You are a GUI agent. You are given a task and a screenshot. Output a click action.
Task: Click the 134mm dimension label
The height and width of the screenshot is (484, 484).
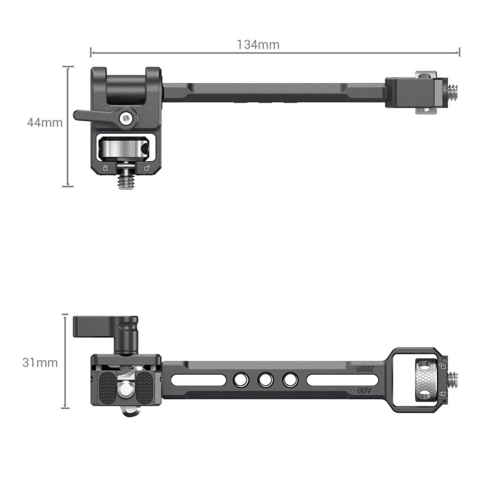pos(258,44)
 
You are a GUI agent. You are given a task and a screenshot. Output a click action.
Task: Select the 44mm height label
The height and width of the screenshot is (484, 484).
pos(45,123)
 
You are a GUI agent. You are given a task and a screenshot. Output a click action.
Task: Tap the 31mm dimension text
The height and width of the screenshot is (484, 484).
pos(40,362)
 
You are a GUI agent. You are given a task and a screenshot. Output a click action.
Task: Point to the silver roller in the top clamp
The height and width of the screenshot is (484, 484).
pos(124,148)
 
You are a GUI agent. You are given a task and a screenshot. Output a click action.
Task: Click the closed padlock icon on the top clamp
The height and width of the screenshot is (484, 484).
pos(105,168)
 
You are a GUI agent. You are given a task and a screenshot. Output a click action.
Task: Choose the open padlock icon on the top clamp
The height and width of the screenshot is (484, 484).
pos(146,168)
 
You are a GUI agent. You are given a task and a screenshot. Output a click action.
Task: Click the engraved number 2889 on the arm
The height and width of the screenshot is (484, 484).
pos(366,369)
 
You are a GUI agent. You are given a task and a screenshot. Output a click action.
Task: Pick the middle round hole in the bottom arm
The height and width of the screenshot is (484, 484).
pos(265,380)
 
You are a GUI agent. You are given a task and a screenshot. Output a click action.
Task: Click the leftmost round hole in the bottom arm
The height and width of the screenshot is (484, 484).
pos(240,380)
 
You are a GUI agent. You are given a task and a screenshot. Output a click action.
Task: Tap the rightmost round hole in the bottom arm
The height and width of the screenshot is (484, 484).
pos(290,380)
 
